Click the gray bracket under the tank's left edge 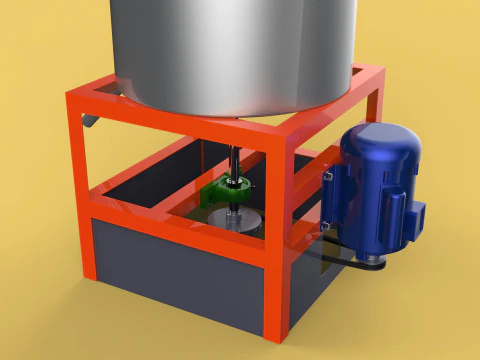click(x=93, y=122)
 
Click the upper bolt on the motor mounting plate click(x=326, y=176)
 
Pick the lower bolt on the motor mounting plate click(x=322, y=232)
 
